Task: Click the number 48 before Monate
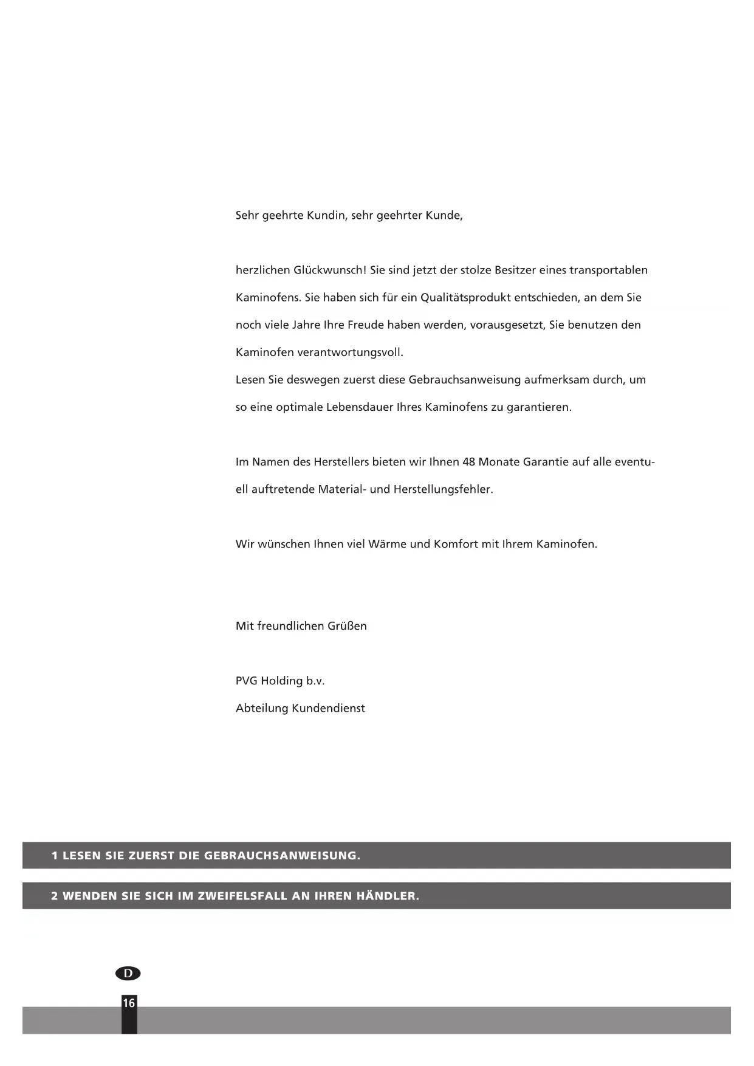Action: click(x=468, y=462)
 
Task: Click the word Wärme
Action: click(x=388, y=544)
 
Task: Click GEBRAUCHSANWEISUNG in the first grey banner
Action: click(x=282, y=856)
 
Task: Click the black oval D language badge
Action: click(x=128, y=974)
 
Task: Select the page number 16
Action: click(x=129, y=1003)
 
